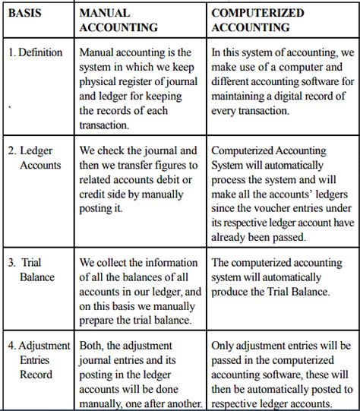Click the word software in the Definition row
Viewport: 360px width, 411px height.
coord(328,81)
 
